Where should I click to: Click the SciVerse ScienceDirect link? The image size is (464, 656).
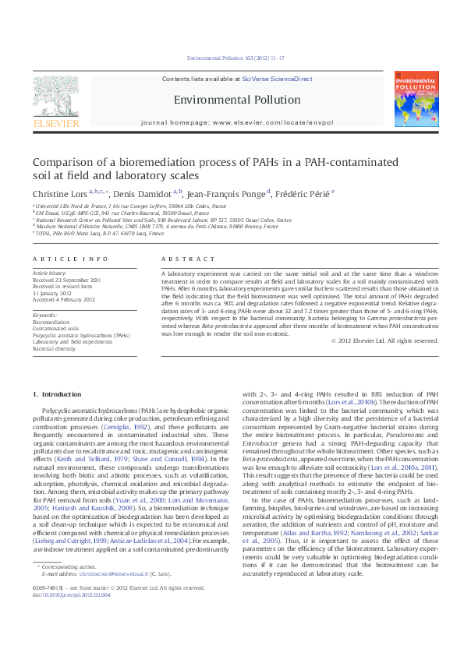click(277, 79)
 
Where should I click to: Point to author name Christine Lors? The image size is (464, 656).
click(59, 192)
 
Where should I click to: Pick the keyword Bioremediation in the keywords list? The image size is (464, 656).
click(51, 321)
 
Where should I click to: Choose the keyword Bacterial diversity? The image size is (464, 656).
click(54, 348)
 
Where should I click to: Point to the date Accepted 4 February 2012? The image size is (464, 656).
click(63, 299)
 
